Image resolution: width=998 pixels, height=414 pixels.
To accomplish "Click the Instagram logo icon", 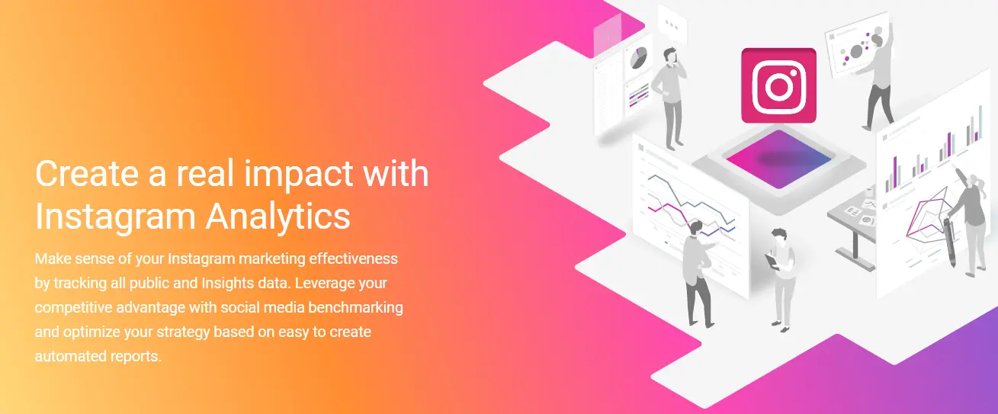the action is (778, 85).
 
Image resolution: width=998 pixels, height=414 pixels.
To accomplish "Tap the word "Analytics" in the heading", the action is (278, 217).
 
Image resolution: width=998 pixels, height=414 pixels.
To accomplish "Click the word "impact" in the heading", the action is (299, 175).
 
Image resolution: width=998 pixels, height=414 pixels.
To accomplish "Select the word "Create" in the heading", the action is (87, 173).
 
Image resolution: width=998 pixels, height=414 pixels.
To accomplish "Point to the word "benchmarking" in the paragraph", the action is (355, 307).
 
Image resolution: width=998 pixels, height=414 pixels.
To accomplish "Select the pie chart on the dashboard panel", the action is (638, 58).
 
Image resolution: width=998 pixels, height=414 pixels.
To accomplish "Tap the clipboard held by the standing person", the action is (772, 262).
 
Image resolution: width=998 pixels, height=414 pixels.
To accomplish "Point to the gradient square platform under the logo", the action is (778, 159).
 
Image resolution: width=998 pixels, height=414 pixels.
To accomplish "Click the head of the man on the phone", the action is (669, 56).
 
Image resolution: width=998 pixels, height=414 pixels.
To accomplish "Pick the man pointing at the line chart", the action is (698, 274).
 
